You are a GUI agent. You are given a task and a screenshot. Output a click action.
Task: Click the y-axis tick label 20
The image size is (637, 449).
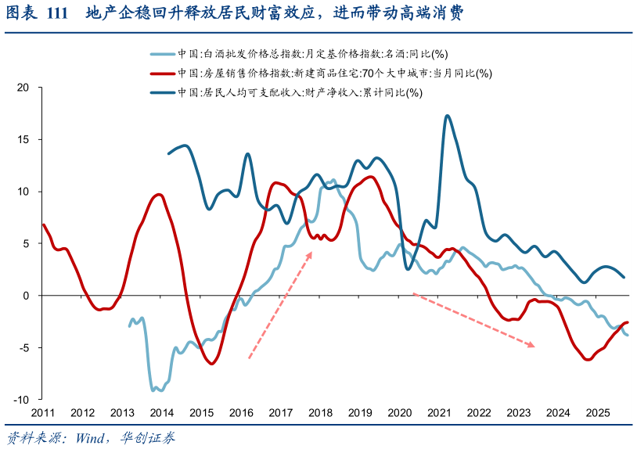(x=23, y=88)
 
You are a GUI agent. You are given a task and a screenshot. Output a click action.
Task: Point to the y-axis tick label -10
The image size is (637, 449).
(x=20, y=399)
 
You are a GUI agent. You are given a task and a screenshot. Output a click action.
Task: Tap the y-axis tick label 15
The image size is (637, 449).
(x=23, y=139)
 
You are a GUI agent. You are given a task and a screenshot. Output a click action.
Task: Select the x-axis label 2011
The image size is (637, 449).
(x=43, y=412)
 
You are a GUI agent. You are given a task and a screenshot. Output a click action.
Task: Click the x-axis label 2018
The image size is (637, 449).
(x=320, y=412)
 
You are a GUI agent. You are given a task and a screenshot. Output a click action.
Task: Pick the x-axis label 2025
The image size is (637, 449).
(x=598, y=412)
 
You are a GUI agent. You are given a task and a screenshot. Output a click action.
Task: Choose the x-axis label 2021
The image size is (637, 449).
(x=439, y=412)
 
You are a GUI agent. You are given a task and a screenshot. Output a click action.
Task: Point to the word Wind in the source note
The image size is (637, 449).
(x=92, y=437)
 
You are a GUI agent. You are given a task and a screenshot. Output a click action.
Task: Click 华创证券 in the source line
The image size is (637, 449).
(x=149, y=437)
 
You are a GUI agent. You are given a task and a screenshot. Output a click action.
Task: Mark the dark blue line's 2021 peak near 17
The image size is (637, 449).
(x=447, y=116)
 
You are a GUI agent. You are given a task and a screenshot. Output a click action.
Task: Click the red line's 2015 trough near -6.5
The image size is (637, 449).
(x=211, y=364)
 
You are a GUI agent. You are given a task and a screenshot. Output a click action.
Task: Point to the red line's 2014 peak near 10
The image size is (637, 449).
(x=159, y=195)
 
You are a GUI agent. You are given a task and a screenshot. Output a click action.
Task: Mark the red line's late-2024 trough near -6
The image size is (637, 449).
(x=588, y=359)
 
